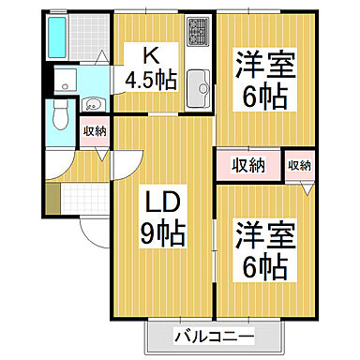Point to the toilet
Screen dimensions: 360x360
(x=60, y=116)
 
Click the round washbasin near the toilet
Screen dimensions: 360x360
(x=94, y=104)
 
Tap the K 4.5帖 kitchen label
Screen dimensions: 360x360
(x=150, y=67)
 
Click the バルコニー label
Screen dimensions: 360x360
(x=214, y=337)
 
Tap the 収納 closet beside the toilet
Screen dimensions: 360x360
(x=94, y=132)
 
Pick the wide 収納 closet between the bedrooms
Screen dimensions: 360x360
(x=249, y=165)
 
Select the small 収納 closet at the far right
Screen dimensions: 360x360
(x=299, y=165)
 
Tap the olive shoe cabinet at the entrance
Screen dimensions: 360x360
(x=53, y=198)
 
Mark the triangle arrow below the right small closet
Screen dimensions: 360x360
(x=305, y=187)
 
